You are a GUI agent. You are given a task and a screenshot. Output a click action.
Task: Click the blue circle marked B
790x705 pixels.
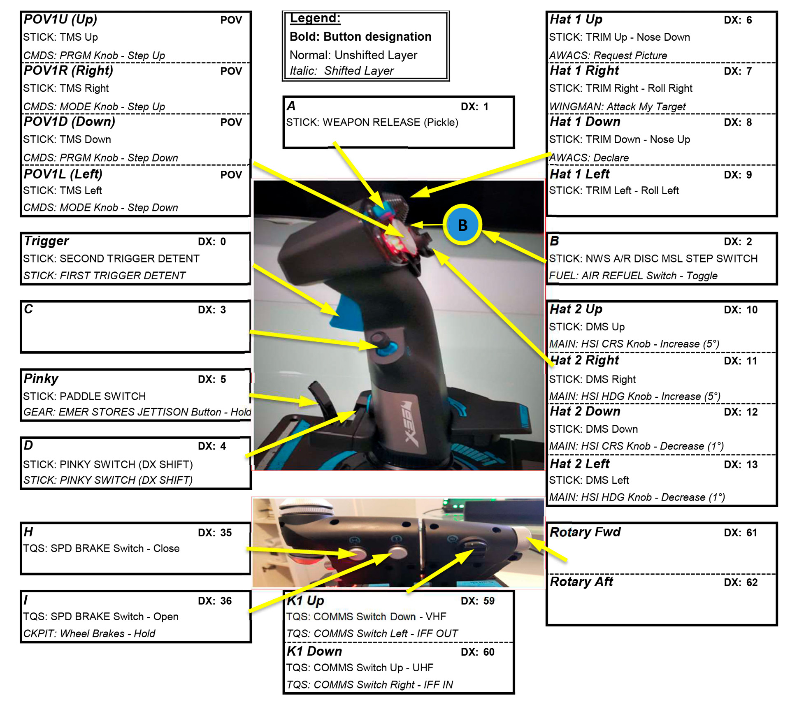tap(462, 225)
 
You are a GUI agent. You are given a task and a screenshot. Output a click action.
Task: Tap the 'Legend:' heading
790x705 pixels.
tap(315, 18)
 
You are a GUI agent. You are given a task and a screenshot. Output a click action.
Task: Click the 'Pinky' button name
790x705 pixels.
tap(41, 378)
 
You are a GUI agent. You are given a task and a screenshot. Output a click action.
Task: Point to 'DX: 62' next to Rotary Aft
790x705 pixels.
tap(740, 582)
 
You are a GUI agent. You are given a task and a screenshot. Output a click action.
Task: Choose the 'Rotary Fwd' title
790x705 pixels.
tap(585, 532)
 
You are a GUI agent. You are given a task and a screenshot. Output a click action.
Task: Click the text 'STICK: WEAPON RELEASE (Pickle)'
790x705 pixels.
tap(372, 122)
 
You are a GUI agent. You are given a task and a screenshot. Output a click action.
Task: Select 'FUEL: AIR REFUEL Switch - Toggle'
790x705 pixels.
tap(633, 276)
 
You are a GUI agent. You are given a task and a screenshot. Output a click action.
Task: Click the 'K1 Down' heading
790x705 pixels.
tap(314, 652)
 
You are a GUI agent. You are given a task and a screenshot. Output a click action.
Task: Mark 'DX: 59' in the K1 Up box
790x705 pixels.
tap(477, 601)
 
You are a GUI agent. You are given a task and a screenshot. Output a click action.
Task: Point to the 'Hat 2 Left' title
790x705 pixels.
tap(579, 464)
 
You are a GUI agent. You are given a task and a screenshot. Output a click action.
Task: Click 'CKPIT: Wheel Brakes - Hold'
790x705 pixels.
tap(89, 633)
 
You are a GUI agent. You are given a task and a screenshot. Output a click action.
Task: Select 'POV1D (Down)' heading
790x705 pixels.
tap(69, 122)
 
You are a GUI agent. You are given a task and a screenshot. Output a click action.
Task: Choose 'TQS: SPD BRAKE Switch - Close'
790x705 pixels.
tap(101, 548)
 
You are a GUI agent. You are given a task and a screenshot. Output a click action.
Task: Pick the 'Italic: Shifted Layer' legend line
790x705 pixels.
tap(342, 71)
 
